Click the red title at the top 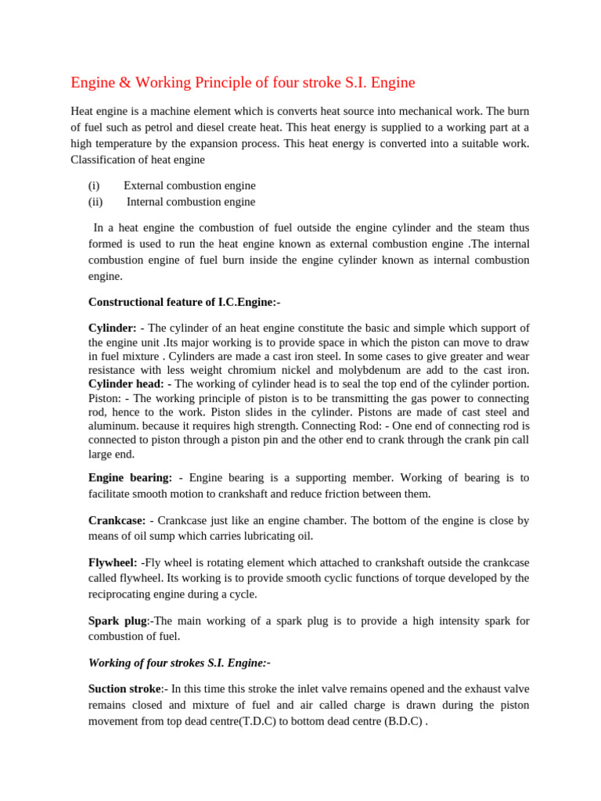[243, 82]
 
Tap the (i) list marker [94, 185]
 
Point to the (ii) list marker [95, 202]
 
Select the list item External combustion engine [189, 185]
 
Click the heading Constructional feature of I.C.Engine [184, 302]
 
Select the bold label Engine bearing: [130, 477]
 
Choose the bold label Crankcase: [117, 520]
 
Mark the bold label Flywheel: [113, 562]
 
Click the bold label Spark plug [117, 620]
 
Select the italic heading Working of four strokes [146, 663]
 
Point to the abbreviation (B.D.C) [403, 721]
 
